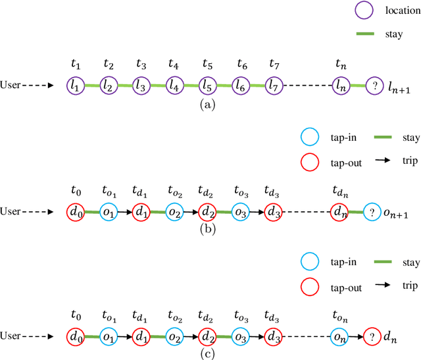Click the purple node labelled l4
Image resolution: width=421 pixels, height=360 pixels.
click(x=174, y=85)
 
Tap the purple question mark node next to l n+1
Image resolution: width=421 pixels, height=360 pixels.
click(x=374, y=85)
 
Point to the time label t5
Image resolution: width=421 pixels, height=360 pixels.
click(x=207, y=64)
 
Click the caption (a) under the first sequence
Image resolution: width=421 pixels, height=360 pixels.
click(x=207, y=104)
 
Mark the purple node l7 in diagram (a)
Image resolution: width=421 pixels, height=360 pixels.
click(x=274, y=85)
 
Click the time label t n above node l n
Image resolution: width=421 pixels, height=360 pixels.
click(x=340, y=64)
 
